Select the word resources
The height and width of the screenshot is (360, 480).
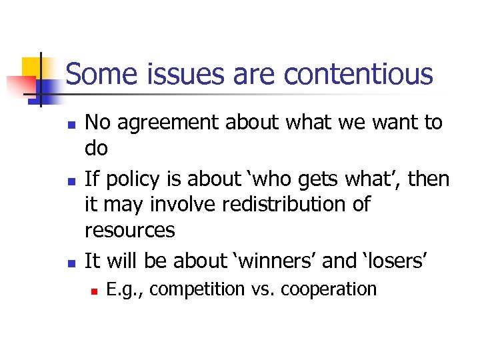[130, 231]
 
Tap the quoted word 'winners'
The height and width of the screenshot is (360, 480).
[271, 261]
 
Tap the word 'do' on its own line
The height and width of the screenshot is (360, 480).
[96, 149]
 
